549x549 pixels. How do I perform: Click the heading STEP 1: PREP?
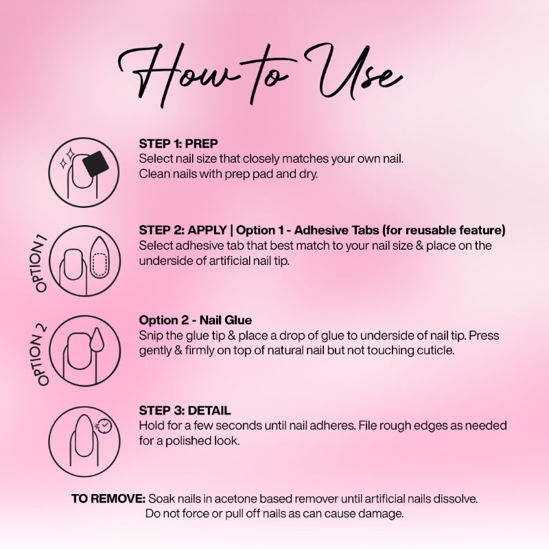[178, 143]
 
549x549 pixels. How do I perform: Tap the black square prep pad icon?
[95, 163]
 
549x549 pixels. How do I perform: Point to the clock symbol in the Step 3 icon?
[104, 425]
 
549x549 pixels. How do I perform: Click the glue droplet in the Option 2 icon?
[97, 340]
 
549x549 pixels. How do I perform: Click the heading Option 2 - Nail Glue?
[196, 320]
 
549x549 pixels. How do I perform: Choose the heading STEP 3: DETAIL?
[185, 410]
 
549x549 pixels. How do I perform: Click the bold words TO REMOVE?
[108, 499]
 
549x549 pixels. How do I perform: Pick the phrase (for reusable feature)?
[443, 230]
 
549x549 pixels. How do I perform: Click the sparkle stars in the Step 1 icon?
[67, 158]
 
